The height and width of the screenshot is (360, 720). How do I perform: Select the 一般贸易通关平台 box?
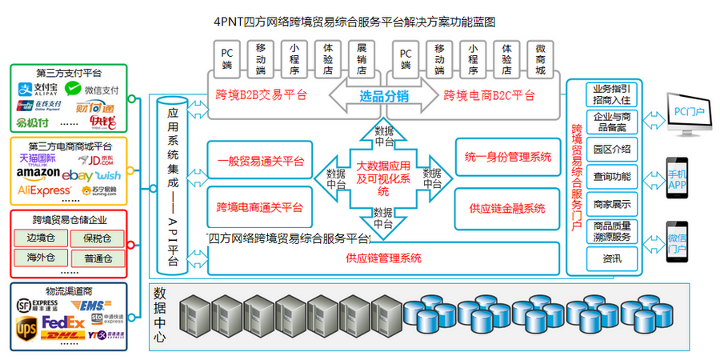259,160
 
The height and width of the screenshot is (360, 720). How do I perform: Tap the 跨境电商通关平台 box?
259,207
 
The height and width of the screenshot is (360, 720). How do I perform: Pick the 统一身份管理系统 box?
508,158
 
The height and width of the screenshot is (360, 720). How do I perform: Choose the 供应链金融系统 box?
508,208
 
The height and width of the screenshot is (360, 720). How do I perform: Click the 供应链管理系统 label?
383,258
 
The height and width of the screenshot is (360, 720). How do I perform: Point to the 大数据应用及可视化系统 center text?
383,178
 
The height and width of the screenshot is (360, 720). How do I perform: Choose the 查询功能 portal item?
612,176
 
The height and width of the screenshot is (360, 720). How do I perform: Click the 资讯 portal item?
612,258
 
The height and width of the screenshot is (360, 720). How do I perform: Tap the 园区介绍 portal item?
612,149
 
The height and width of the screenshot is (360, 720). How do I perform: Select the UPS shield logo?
26,327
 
